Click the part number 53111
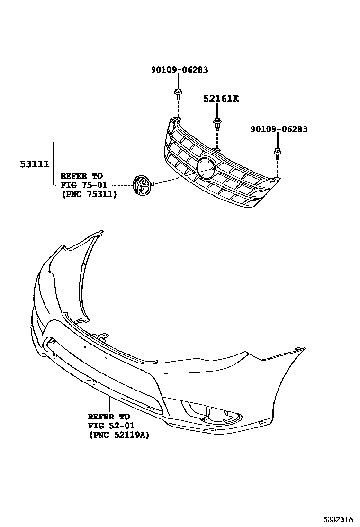coord(34,164)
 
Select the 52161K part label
coord(221,99)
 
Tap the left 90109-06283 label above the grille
coord(179,70)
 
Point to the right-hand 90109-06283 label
coord(279,129)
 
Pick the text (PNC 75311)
coord(88,194)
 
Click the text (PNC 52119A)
coord(118,435)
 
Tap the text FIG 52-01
coord(108,426)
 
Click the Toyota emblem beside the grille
coord(141,184)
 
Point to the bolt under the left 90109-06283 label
coord(177,93)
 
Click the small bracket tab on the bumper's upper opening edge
coord(100,337)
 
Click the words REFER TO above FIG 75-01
coord(81,175)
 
